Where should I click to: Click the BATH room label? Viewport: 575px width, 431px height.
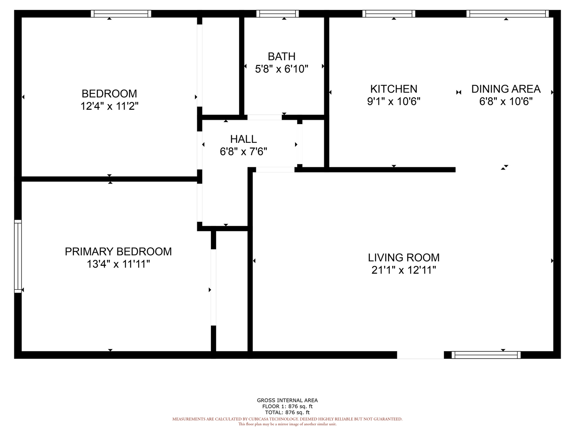tap(282, 57)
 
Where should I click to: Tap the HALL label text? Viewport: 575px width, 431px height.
tap(243, 139)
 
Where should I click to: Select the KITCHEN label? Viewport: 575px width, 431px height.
tap(393, 89)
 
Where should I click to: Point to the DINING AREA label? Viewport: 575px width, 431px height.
tap(506, 89)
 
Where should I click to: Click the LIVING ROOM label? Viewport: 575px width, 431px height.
tap(404, 258)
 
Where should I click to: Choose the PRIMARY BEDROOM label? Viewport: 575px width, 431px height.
tap(118, 252)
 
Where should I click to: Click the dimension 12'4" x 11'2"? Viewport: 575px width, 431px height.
tap(109, 106)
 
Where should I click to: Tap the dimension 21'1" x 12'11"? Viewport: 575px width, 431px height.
tap(404, 270)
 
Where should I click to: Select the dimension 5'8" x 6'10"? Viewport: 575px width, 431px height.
tap(282, 69)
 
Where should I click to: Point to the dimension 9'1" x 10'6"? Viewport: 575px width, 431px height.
tap(393, 101)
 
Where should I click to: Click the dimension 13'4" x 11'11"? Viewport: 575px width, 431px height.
tap(118, 264)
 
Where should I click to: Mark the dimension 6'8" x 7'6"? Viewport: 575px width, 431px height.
tap(243, 152)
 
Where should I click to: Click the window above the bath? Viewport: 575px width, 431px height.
tap(278, 14)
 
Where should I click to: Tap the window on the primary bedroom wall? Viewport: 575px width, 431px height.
tap(18, 256)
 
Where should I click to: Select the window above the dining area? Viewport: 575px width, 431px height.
tap(508, 14)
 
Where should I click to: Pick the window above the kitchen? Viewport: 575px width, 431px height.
tap(389, 14)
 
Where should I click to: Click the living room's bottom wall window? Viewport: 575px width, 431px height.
tap(486, 355)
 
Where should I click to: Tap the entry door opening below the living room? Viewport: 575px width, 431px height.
tap(420, 355)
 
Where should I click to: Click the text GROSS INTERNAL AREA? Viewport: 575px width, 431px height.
tap(287, 400)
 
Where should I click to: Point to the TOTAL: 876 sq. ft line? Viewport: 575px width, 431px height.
tap(287, 412)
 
